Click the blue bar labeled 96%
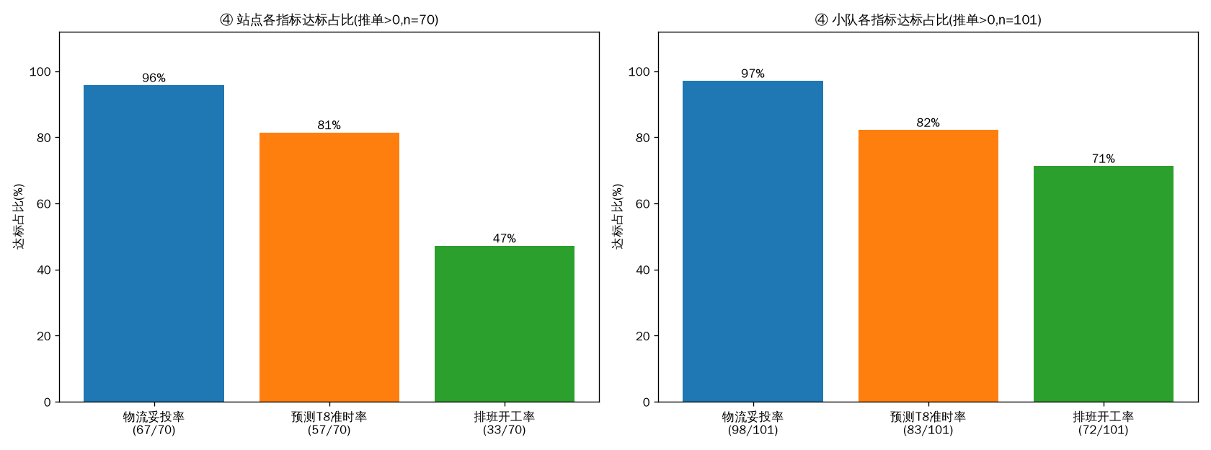pos(154,244)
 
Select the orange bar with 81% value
pos(329,267)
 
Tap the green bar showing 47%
pos(505,324)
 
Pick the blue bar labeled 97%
pos(753,241)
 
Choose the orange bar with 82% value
pos(928,265)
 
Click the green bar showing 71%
pos(1104,284)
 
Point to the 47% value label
pos(505,238)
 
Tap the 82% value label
pos(928,123)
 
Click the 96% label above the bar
pos(154,78)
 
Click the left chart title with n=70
pos(329,20)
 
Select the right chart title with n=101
pos(928,20)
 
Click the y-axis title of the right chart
pos(617,216)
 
